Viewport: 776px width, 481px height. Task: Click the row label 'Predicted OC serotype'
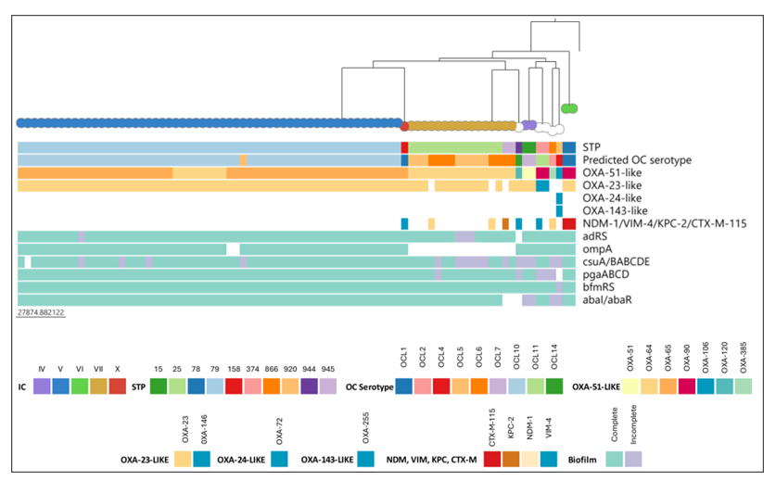(637, 159)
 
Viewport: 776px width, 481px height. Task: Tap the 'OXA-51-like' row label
(612, 172)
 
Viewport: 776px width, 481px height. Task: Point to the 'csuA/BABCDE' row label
(617, 261)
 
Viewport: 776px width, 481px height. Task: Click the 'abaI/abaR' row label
(607, 299)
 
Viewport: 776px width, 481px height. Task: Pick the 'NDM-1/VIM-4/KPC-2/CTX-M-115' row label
(665, 223)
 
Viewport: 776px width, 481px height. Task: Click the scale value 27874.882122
(41, 312)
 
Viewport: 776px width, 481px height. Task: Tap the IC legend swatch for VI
(80, 386)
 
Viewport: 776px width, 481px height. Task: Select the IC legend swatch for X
(118, 386)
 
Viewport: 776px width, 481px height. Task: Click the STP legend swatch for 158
(234, 386)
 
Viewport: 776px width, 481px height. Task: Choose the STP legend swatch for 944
(309, 386)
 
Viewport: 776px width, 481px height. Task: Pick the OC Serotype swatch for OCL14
(554, 386)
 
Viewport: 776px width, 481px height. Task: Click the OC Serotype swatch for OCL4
(441, 386)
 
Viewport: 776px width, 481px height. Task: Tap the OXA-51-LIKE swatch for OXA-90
(687, 386)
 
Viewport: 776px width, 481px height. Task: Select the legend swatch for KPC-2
(511, 460)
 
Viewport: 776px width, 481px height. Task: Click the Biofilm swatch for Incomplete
(633, 460)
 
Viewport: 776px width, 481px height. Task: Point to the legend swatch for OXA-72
(280, 460)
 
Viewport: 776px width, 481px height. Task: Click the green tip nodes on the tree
(569, 108)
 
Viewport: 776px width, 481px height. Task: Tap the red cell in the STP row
(404, 147)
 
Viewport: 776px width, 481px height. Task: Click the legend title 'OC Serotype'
(369, 387)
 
